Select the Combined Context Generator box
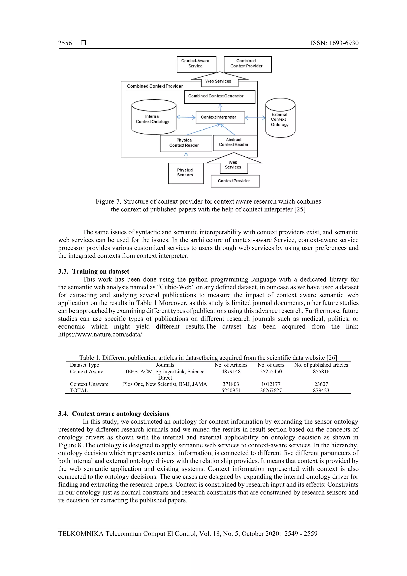click(x=219, y=97)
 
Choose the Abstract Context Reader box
click(x=235, y=143)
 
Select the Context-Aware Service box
click(x=196, y=64)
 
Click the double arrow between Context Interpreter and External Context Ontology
click(x=255, y=118)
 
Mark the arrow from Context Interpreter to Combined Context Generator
click(x=220, y=107)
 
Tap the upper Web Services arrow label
click(x=218, y=81)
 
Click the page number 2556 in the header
click(x=65, y=43)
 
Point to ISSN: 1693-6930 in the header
click(x=334, y=43)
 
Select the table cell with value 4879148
click(x=231, y=372)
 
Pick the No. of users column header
click(x=271, y=365)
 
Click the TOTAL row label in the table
click(x=79, y=390)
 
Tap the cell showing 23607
click(x=321, y=384)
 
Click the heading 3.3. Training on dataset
click(x=94, y=271)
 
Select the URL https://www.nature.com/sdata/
click(x=101, y=334)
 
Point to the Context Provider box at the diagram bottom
click(x=235, y=181)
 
